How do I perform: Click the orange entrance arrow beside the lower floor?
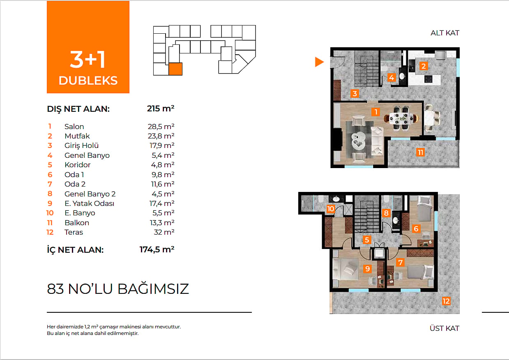click(x=318, y=62)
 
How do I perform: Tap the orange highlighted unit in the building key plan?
click(x=175, y=69)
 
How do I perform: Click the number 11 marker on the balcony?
click(x=420, y=152)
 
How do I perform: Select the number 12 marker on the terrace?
click(x=446, y=301)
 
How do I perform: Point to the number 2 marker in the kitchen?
click(x=423, y=66)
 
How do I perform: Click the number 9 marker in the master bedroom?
click(x=367, y=269)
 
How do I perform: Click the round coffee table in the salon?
click(x=359, y=141)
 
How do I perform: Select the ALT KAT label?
click(x=445, y=33)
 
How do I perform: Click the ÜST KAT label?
click(x=445, y=328)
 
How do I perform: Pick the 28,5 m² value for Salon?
click(x=161, y=126)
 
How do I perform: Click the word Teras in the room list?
click(x=74, y=232)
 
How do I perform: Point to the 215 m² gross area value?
click(x=161, y=108)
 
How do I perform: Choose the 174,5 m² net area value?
click(x=157, y=249)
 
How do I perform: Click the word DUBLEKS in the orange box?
click(x=88, y=81)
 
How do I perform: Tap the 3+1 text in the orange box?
click(x=88, y=59)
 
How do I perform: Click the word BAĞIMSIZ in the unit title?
click(x=153, y=289)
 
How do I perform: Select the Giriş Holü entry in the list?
click(x=82, y=145)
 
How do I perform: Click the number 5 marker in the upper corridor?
click(x=367, y=240)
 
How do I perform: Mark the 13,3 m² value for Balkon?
click(x=162, y=223)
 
